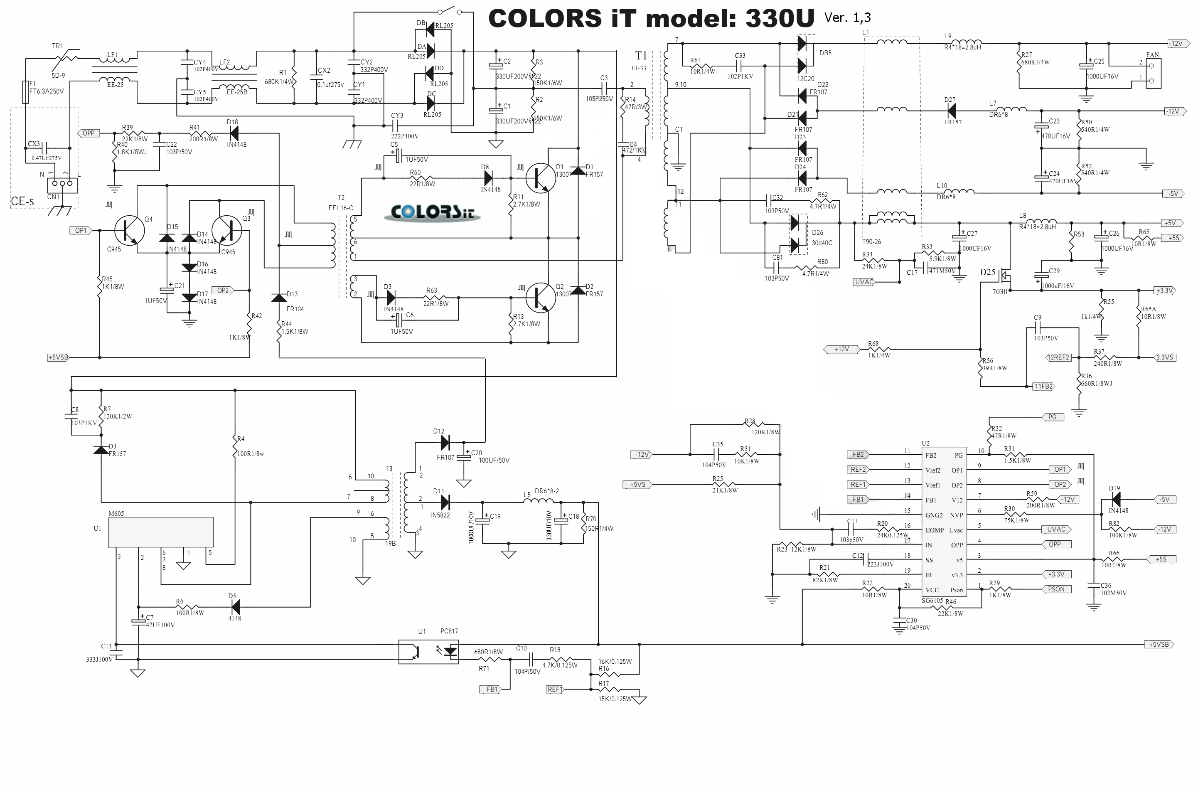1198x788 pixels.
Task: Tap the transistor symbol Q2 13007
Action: [540, 298]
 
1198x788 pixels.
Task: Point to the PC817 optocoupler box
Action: [428, 652]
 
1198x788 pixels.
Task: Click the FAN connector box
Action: [1153, 74]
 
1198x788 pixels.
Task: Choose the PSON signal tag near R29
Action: [1055, 589]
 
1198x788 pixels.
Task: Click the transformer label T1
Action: [640, 55]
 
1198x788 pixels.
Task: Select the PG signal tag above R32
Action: [1052, 417]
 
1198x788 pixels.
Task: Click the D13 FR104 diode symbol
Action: [279, 298]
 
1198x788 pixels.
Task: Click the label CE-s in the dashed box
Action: [23, 202]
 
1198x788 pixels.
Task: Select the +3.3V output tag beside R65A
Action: [1164, 291]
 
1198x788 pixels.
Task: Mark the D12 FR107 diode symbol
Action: [445, 443]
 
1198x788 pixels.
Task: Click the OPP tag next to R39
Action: [89, 133]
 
